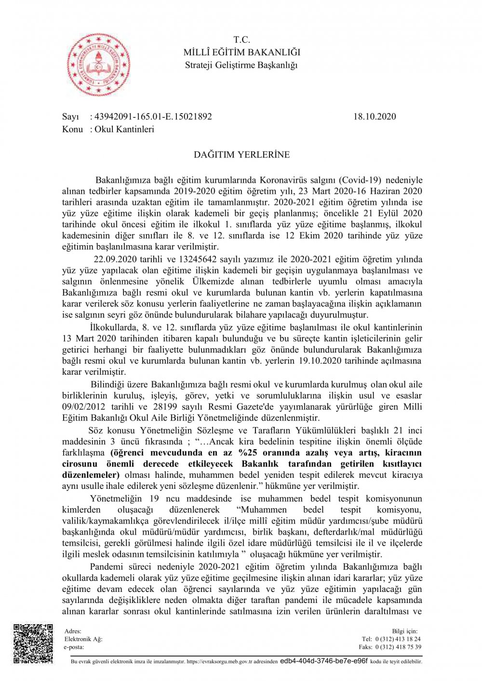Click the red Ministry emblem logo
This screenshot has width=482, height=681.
pos(99,64)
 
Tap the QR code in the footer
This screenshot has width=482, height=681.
pos(33,643)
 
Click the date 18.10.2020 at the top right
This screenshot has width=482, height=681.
pos(375,117)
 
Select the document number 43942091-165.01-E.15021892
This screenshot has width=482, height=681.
pos(153,117)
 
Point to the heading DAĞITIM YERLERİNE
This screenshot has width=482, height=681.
pos(241,155)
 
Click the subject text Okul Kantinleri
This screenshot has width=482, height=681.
pos(124,129)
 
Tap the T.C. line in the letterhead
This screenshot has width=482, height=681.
pos(241,40)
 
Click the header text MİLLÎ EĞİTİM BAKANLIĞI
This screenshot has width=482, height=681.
pos(241,52)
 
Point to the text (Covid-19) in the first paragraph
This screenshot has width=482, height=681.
pos(360,180)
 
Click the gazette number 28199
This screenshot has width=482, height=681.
pos(165,406)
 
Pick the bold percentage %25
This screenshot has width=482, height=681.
pos(248,452)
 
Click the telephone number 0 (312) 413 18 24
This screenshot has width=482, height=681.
pos(398,639)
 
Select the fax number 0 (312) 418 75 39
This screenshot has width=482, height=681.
pos(398,647)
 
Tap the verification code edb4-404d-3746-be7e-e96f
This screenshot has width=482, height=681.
pos(323,661)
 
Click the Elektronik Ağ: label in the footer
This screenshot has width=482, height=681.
pos(83,639)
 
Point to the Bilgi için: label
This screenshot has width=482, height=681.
pos(404,631)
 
